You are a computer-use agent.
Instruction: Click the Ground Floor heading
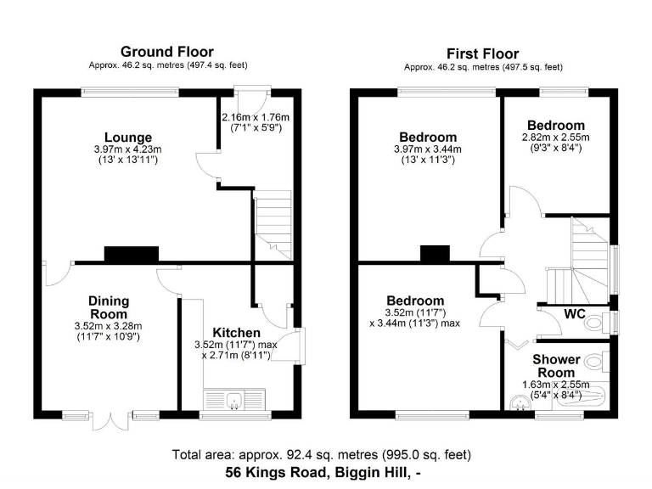pos(167,53)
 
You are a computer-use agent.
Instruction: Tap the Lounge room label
pos(128,138)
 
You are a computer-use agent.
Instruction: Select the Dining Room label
pos(109,307)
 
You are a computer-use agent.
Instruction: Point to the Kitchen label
pos(236,332)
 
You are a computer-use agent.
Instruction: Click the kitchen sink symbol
pos(234,399)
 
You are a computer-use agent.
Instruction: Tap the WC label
pos(575,314)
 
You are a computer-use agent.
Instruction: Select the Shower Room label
pos(554,366)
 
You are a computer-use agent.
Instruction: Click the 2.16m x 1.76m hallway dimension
pos(256,122)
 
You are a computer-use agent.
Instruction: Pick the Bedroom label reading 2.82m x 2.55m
pos(555,125)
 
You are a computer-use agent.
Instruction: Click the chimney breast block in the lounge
pos(131,254)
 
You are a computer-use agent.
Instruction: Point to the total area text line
pos(321,454)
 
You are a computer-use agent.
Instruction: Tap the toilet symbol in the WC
pos(594,323)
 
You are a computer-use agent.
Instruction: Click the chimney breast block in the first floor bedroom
pos(435,254)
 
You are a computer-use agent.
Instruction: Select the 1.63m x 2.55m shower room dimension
pos(556,389)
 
